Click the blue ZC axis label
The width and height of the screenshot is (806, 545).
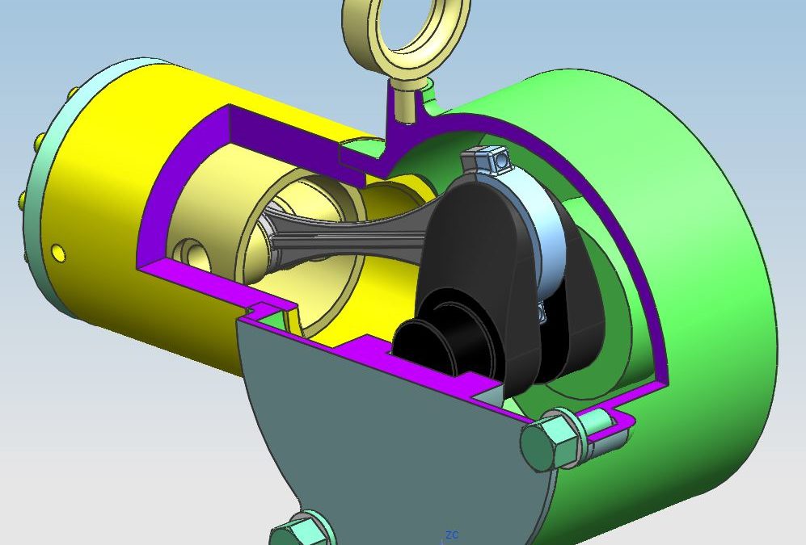(x=451, y=535)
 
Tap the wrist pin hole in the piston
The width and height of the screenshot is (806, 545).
(x=194, y=254)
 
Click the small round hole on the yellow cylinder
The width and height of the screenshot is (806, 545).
(x=58, y=253)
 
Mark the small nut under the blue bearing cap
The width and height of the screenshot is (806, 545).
(x=539, y=312)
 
